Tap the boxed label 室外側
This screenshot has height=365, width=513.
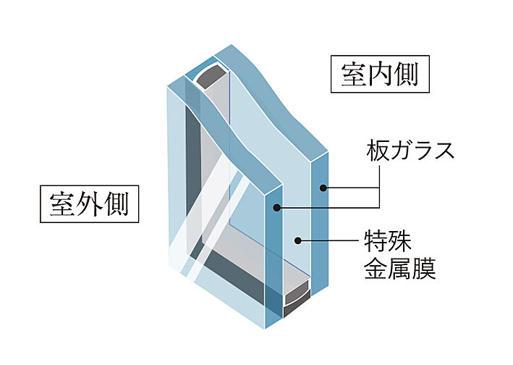(89, 204)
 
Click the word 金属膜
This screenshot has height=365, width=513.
(399, 269)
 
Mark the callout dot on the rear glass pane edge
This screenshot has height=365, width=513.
(324, 188)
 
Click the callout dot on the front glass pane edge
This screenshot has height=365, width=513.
(276, 209)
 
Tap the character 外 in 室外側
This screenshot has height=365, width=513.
(89, 204)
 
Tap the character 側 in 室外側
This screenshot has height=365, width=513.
(116, 204)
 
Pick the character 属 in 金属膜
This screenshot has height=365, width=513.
(399, 269)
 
